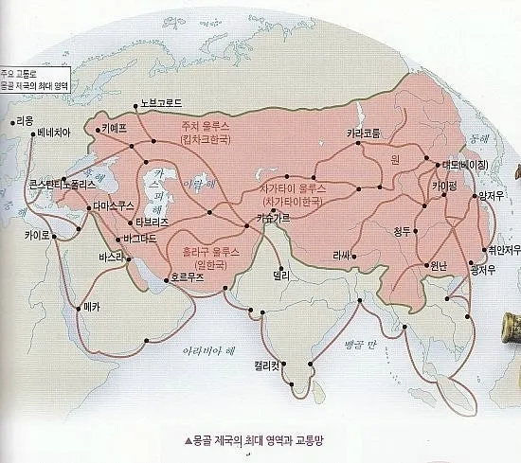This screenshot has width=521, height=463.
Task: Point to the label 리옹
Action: coord(24,121)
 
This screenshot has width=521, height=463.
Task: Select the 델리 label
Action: coord(280,275)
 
